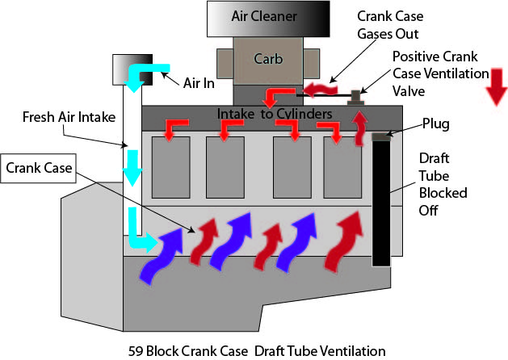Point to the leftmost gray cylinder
[x=170, y=167]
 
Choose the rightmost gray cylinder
[x=343, y=167]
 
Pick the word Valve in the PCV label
[x=409, y=90]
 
